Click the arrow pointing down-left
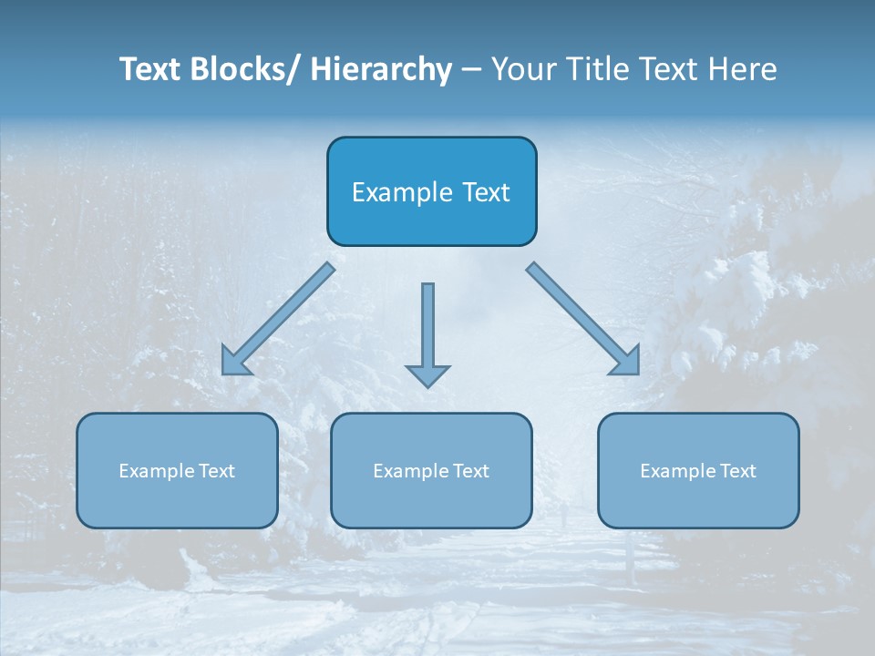pos(277,320)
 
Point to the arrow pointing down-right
pos(583,319)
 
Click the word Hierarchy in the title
pos(381,69)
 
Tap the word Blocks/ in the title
pos(243,69)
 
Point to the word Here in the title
pos(745,69)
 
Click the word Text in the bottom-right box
pos(737,471)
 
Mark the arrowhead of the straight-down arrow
pos(427,375)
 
